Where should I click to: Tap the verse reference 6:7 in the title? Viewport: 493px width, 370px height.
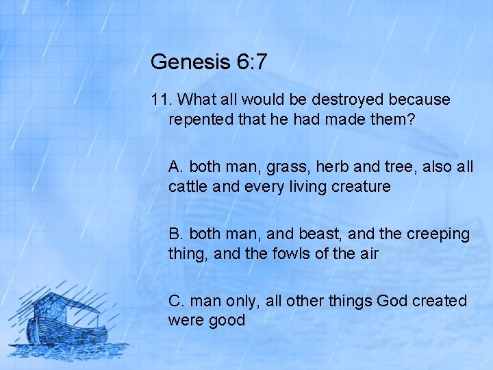coord(251,62)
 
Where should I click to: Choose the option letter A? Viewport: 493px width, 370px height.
coord(176,166)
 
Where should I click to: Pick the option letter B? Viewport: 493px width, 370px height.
coord(176,234)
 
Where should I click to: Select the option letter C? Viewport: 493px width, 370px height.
coord(177,301)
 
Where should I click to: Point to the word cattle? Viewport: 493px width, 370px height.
coord(188,186)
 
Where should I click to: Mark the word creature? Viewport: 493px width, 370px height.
coord(361,186)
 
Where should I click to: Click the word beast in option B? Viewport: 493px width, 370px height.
coord(320,234)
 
